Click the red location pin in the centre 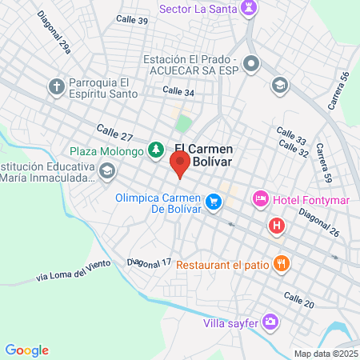pos(180,166)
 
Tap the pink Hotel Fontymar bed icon pos(260,198)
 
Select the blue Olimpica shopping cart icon pos(213,203)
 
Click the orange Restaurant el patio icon pos(281,262)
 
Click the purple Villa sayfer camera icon pos(271,322)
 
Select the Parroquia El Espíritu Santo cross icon pos(56,86)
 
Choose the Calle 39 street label pos(131,19)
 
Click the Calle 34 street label pos(178,92)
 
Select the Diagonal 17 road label pos(150,262)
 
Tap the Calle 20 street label pos(298,299)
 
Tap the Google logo pos(26,350)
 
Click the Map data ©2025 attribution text pos(324,354)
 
